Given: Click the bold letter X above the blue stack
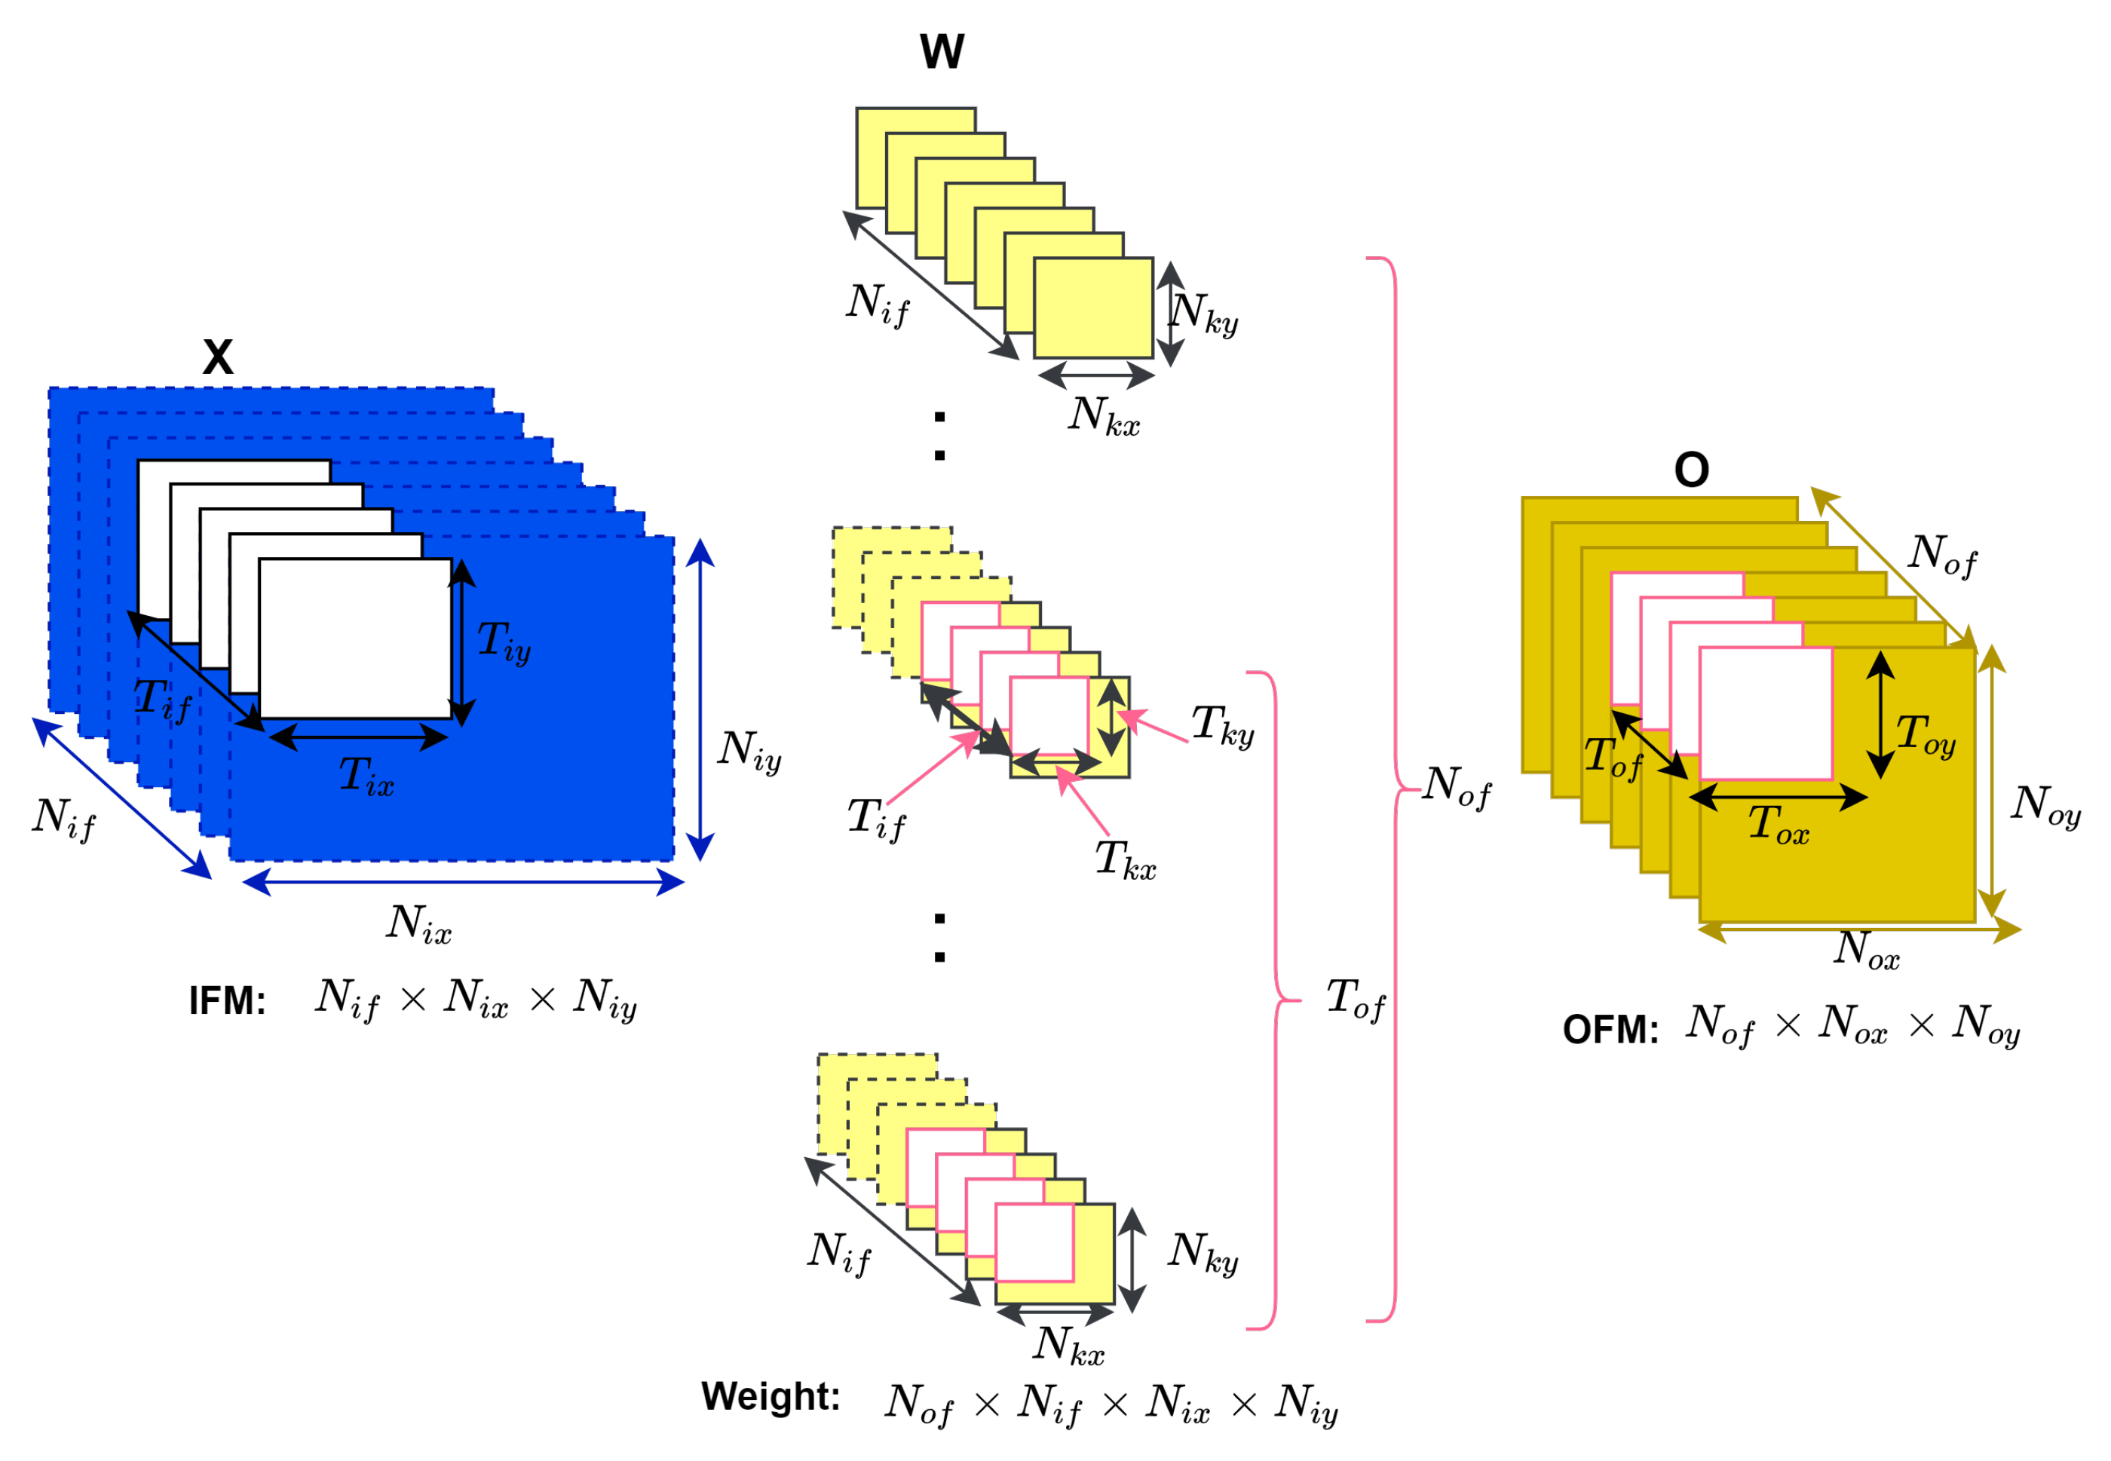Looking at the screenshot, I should (218, 357).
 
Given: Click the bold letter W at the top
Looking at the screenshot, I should (942, 51).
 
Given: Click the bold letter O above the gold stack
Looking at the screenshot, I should (1692, 470).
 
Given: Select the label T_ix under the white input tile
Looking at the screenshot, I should (366, 776).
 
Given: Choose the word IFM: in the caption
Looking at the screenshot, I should (227, 1000).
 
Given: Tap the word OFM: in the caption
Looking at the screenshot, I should (1610, 1030).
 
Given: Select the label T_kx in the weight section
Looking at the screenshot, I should (1125, 860).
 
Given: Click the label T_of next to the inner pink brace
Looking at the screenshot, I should (1356, 999).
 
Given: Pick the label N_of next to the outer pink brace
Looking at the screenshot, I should (1457, 786).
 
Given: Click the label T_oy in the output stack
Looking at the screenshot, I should (1926, 735).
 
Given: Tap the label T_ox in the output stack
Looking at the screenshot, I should (1778, 824).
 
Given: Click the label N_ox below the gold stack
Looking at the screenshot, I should (1867, 949).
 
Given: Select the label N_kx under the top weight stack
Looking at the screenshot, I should (1104, 415).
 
